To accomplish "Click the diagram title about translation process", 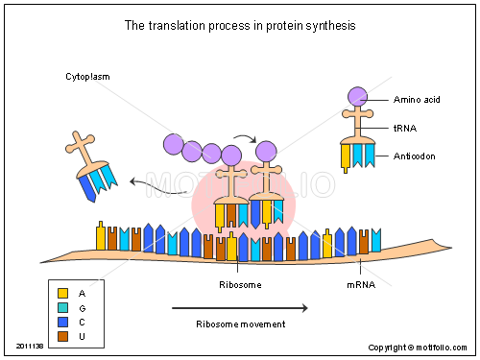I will click(x=239, y=26).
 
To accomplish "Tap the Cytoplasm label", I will click(x=87, y=76).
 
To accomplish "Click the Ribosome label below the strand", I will click(x=239, y=285).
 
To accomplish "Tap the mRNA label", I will click(x=360, y=285).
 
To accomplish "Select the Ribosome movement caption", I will click(x=240, y=324).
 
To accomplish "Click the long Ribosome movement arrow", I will click(x=240, y=308).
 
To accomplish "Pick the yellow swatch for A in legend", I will click(x=62, y=293).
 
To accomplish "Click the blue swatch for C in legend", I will click(x=62, y=322).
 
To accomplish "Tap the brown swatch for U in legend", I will click(x=62, y=336).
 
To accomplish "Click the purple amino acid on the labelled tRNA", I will click(x=358, y=96).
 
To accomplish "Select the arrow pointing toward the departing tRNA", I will click(x=158, y=187).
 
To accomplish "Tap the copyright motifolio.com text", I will click(x=420, y=348).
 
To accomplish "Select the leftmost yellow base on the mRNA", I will click(x=101, y=237).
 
